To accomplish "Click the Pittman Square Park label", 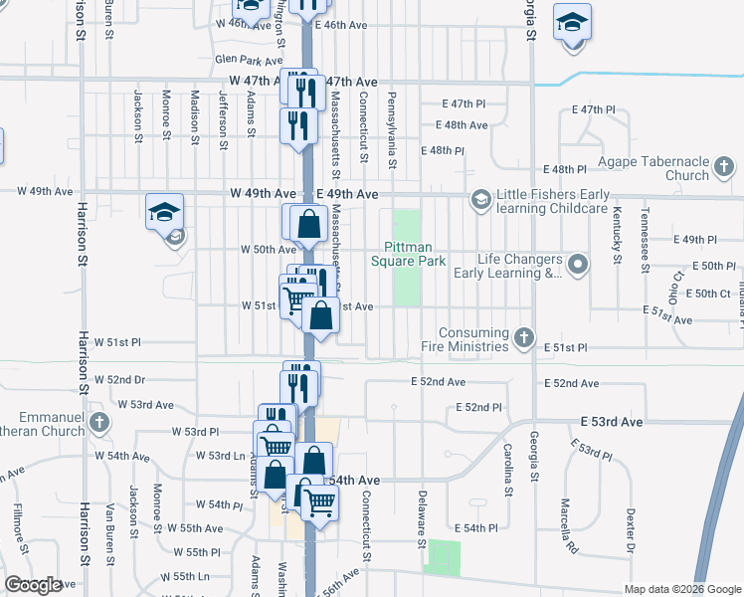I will (407, 254).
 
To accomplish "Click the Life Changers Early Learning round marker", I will (580, 264).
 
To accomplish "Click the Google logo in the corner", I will (34, 585).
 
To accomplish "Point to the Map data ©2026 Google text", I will (682, 589).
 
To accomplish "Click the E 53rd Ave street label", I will (613, 422).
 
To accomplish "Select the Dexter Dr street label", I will (630, 530).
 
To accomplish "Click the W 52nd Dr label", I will (120, 380).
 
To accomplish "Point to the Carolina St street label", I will (507, 471).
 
